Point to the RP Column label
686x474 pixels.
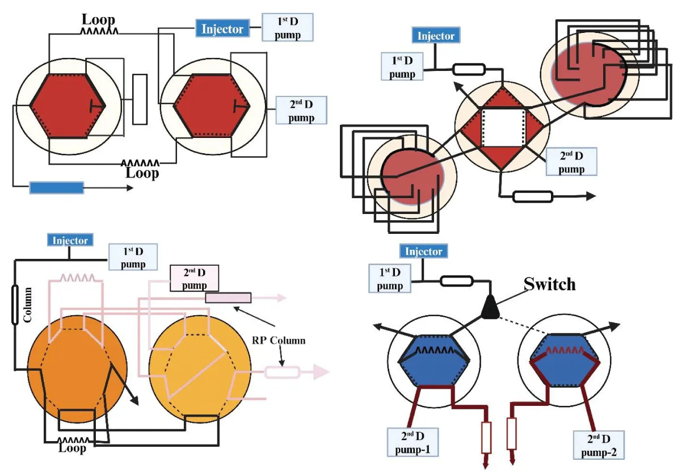tap(279, 341)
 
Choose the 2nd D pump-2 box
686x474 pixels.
tap(598, 445)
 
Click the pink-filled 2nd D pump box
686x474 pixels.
tap(194, 278)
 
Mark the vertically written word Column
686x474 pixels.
tap(27, 307)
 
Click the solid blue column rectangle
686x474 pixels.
tap(56, 187)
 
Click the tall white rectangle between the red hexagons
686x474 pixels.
tap(140, 99)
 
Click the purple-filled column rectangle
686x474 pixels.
tap(228, 297)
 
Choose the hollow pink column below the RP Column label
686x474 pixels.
tap(281, 372)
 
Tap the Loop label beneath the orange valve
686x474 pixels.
tap(73, 448)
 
